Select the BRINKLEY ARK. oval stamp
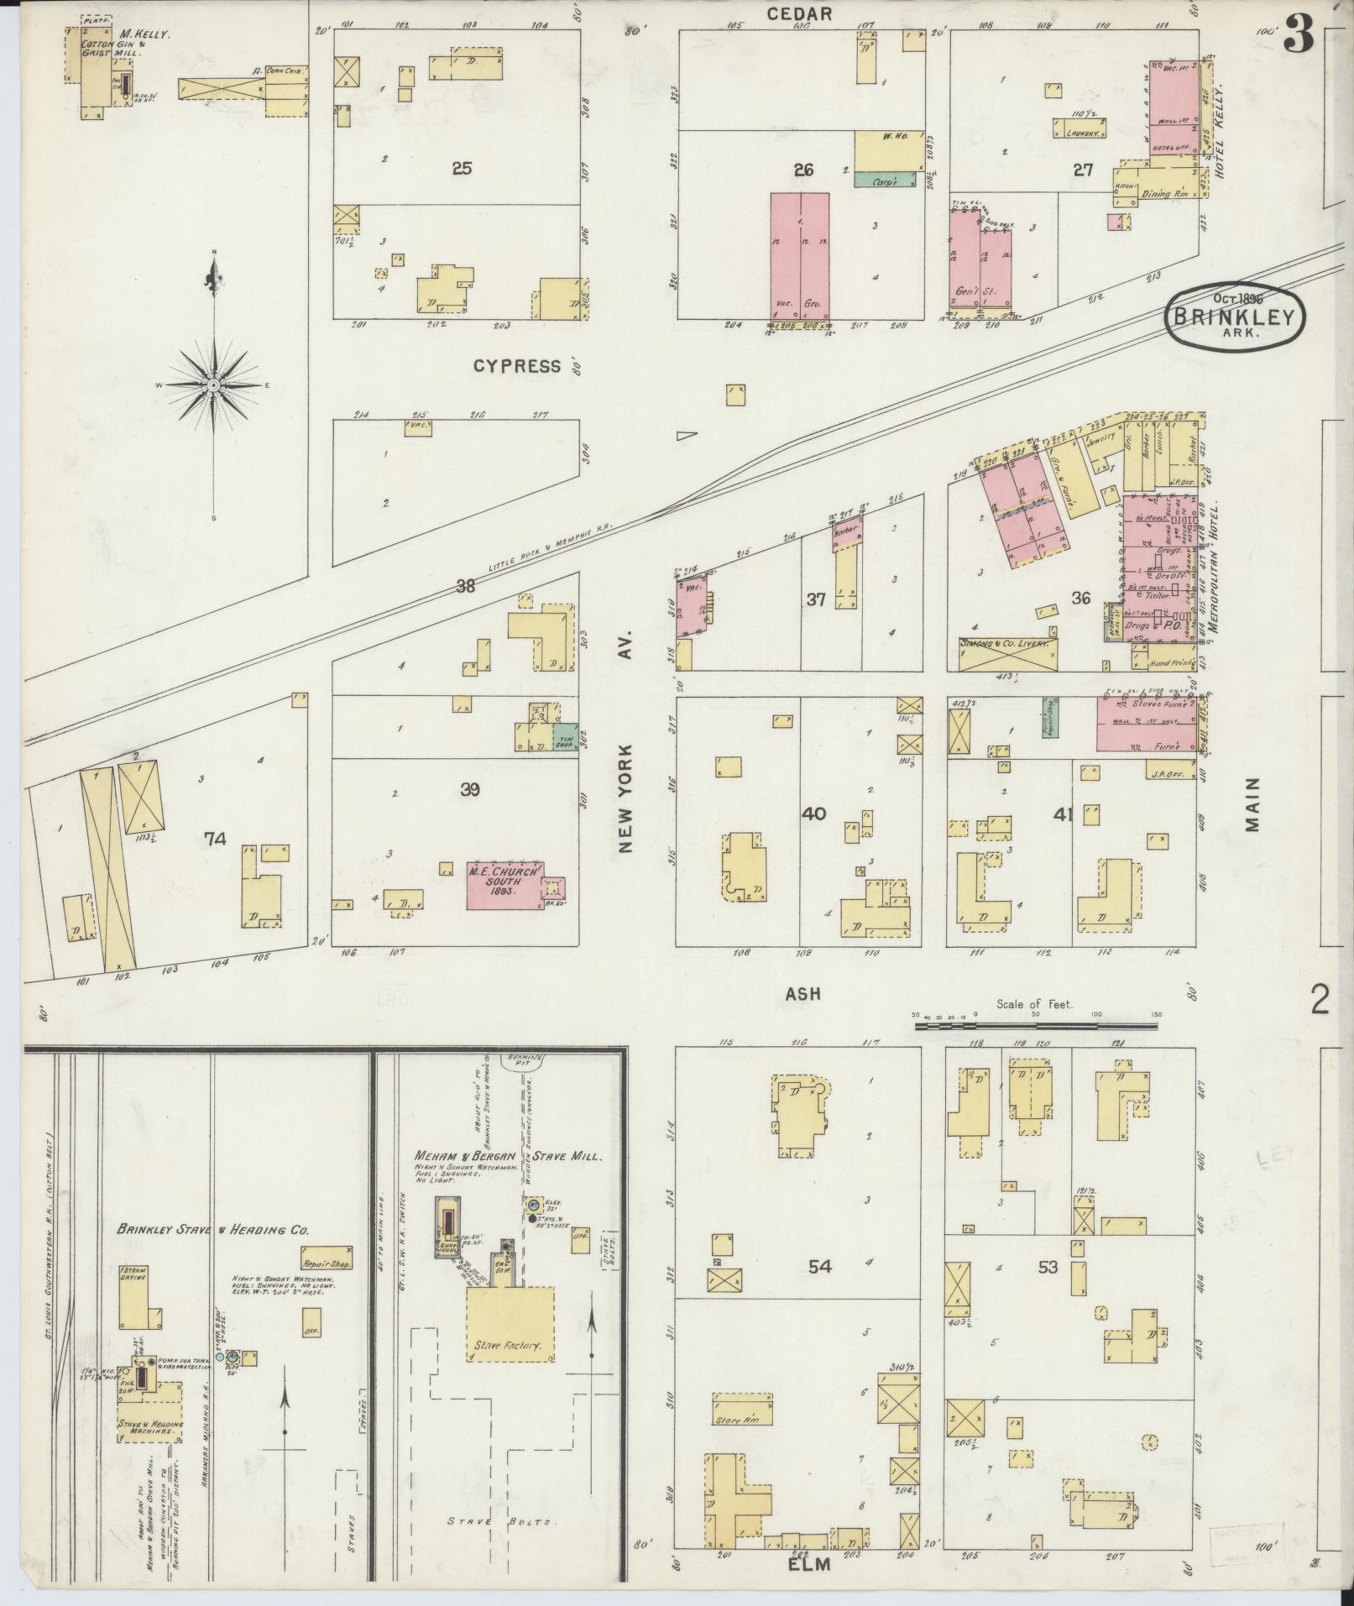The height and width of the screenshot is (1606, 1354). click(x=1235, y=316)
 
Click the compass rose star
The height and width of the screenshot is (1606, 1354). click(x=213, y=384)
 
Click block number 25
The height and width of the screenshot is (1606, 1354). click(x=461, y=169)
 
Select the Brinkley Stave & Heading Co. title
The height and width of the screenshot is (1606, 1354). click(x=212, y=1229)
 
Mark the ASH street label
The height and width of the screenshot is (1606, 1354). click(x=802, y=994)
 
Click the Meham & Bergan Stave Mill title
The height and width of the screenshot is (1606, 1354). click(x=507, y=1156)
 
